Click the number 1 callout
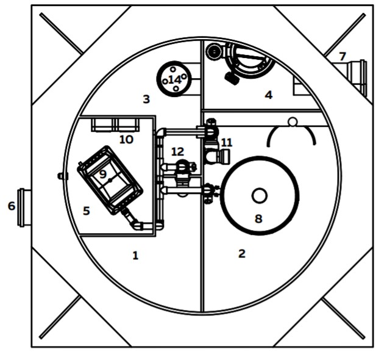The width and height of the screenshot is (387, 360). click(135, 255)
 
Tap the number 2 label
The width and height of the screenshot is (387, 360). click(242, 253)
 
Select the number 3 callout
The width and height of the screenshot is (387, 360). click(146, 99)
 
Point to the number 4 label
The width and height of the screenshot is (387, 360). click(269, 95)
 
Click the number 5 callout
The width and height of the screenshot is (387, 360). click(86, 211)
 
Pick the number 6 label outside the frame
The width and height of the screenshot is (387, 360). click(12, 206)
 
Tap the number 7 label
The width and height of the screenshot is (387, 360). click(342, 57)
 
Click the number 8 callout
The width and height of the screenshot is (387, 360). click(258, 218)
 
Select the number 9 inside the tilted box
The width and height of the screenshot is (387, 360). click(103, 174)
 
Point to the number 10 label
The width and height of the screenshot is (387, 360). click(126, 140)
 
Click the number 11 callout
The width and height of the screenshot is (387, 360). click(227, 143)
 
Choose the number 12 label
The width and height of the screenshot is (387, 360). click(177, 152)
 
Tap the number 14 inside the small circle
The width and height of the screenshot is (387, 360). click(175, 80)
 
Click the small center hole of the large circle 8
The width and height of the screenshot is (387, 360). click(259, 196)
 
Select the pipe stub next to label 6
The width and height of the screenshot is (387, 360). click(24, 207)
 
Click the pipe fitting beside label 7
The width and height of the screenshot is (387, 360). click(355, 77)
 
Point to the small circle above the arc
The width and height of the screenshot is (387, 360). click(293, 122)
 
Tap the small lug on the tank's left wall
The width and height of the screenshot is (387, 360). click(62, 176)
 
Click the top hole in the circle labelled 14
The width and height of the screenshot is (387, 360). click(173, 70)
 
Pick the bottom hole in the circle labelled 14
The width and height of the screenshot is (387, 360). click(176, 88)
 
